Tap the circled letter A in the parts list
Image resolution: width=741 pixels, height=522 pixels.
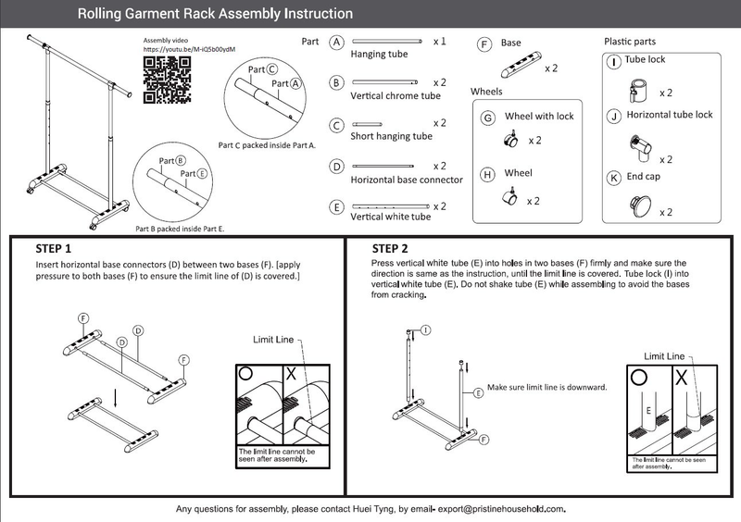337,43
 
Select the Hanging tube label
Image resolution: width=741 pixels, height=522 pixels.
379,55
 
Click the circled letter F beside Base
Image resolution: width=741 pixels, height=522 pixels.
484,43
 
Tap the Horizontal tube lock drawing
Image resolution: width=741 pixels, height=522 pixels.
638,147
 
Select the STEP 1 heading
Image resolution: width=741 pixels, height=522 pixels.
53,249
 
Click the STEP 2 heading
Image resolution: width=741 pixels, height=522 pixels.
390,248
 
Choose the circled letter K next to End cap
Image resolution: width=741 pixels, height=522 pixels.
612,177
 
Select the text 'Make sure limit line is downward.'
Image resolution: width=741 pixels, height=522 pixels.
546,387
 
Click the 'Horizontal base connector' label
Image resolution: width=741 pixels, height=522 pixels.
407,180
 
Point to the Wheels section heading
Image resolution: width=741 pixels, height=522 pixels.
486,93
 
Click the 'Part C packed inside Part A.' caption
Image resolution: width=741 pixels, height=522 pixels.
267,145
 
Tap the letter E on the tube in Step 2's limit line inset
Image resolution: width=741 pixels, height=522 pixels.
648,409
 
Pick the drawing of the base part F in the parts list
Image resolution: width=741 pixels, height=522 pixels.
519,68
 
